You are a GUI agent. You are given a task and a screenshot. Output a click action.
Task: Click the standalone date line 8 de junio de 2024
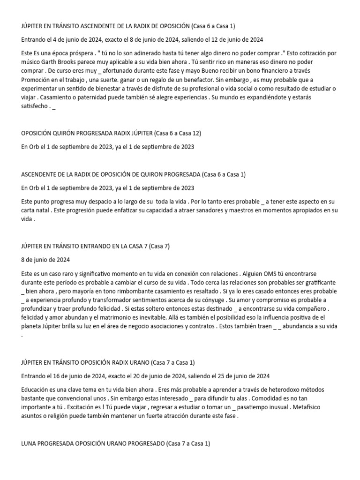(45, 259)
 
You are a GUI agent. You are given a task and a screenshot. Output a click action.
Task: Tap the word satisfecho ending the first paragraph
(37, 107)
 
